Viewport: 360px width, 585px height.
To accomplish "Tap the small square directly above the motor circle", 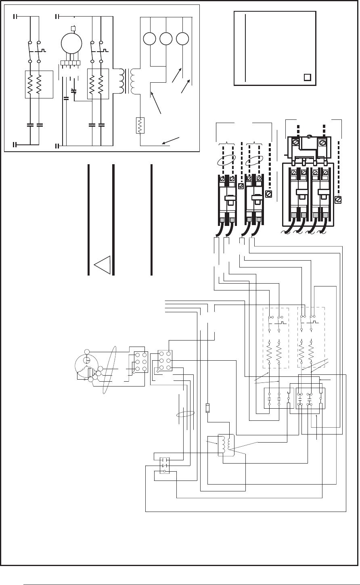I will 73,28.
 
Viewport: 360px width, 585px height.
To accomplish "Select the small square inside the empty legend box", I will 307,77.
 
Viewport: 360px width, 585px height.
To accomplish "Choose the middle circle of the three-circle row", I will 166,39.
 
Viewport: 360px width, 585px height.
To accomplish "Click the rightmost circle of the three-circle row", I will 183,39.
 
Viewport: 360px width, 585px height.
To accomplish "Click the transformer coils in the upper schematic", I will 126,80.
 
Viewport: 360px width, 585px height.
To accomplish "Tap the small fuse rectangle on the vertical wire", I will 208,408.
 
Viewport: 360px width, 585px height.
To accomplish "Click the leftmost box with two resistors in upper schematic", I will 39,84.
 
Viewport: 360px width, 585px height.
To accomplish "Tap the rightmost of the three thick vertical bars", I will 151,220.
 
